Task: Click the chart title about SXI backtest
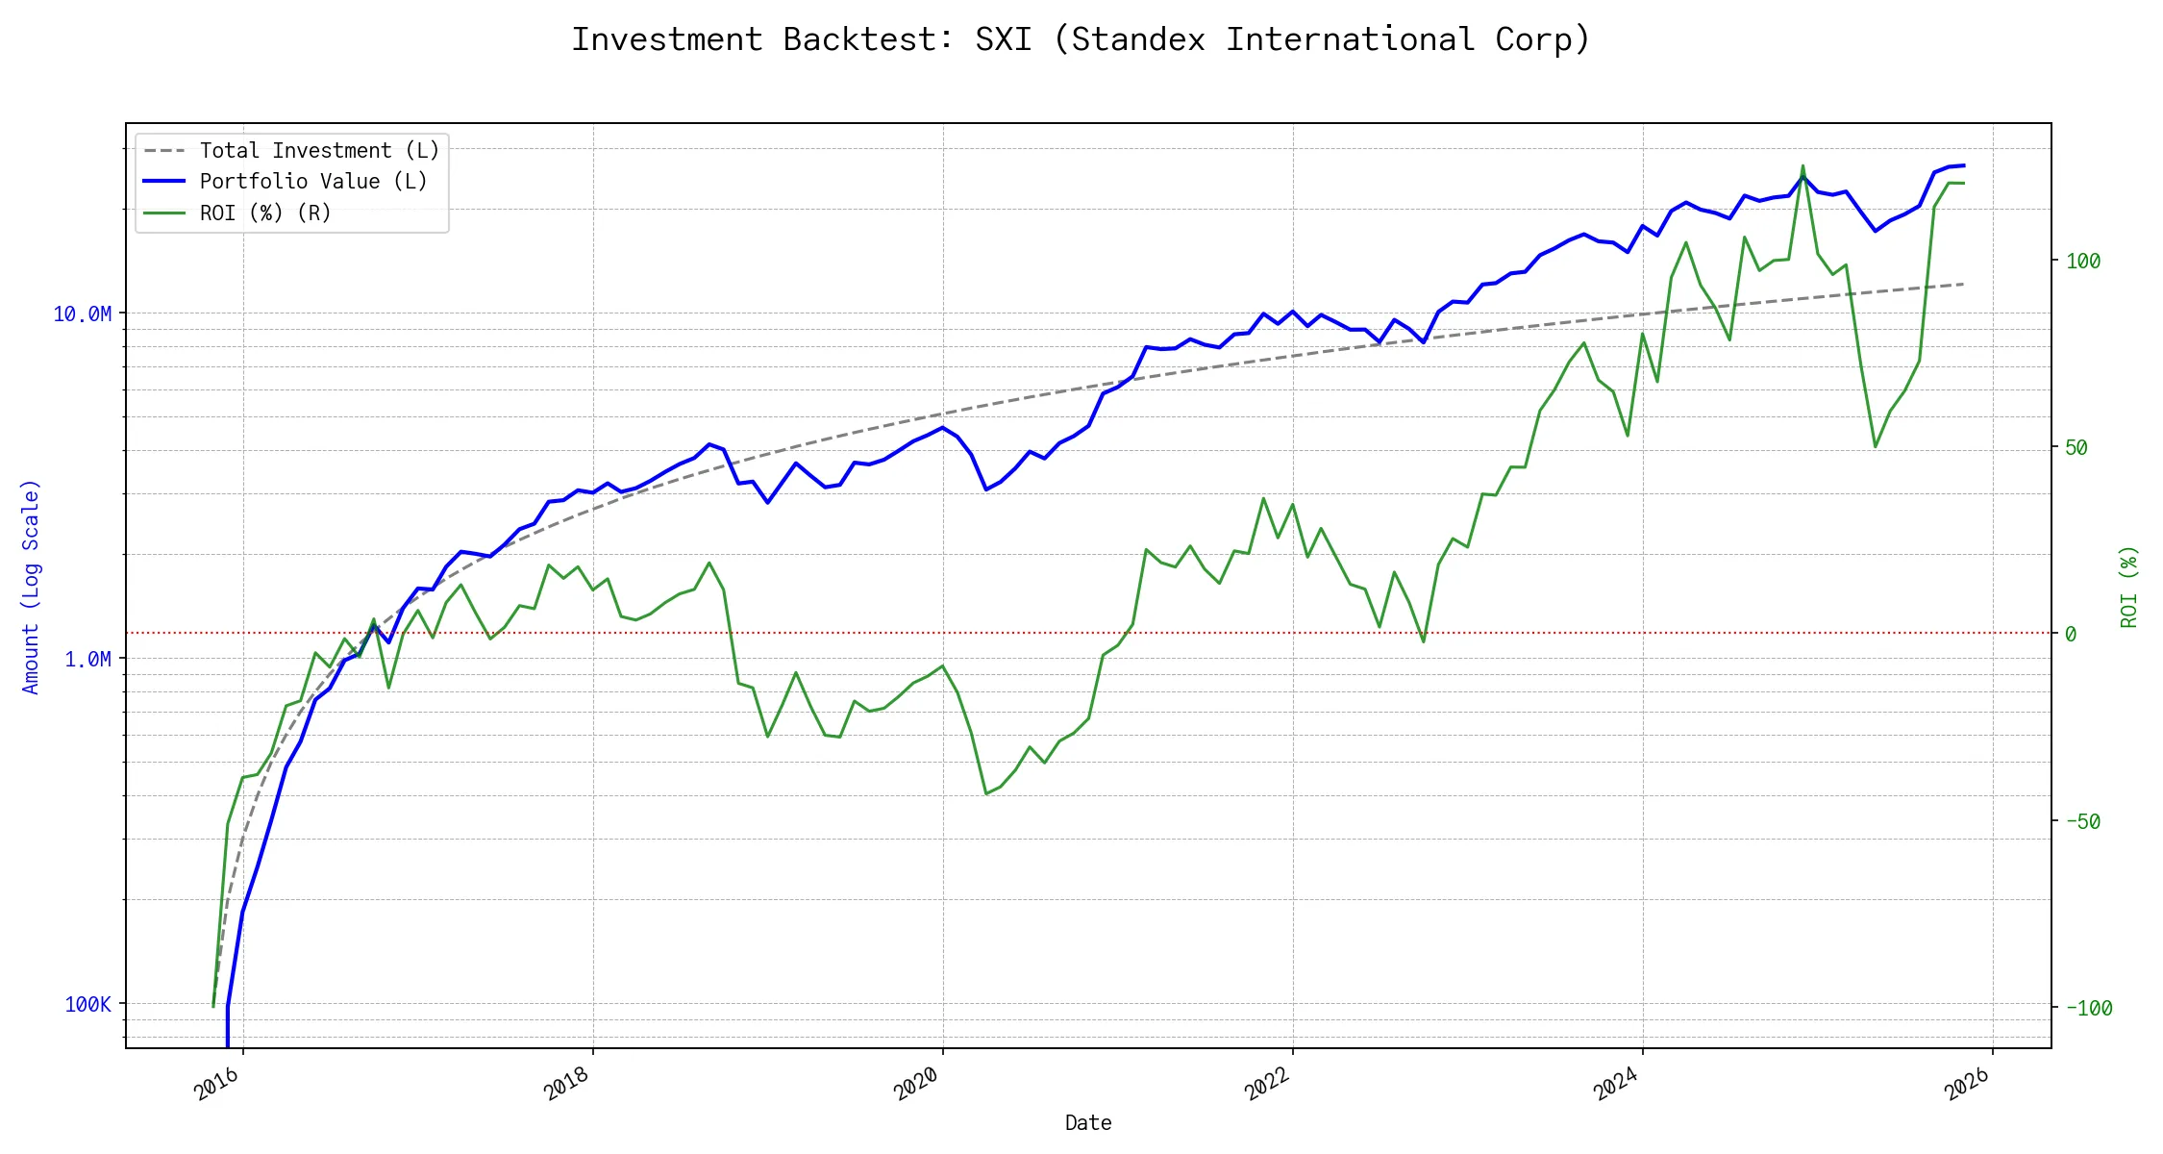pos(1081,39)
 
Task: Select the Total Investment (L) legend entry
pos(318,151)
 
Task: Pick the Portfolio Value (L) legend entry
pos(312,182)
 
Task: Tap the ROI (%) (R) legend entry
pos(264,213)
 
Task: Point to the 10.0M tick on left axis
pos(82,314)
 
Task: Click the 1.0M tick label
pos(87,659)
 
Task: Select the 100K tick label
pos(87,1005)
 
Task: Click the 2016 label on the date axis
pos(217,1085)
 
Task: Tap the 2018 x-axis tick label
pos(567,1085)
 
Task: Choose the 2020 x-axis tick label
pos(917,1085)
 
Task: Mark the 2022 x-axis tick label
pos(1267,1085)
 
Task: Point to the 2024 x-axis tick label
pos(1617,1085)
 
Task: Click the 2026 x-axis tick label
pos(1967,1085)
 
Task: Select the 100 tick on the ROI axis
pos(2083,261)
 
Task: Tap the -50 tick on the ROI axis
pos(2083,821)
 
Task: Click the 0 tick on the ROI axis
pos(2071,634)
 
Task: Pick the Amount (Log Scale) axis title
pos(31,587)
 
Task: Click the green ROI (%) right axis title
pos(2128,587)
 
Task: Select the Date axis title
pos(1088,1123)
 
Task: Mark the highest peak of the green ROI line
pos(1802,165)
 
